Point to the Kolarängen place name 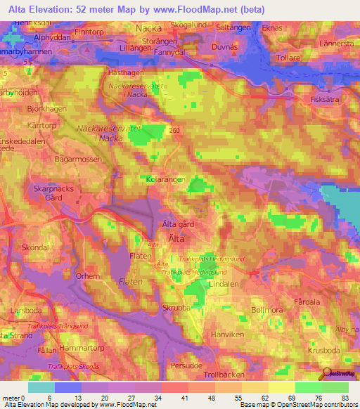pos(165,179)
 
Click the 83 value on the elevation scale pos(342,398)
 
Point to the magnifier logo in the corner pos(327,373)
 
